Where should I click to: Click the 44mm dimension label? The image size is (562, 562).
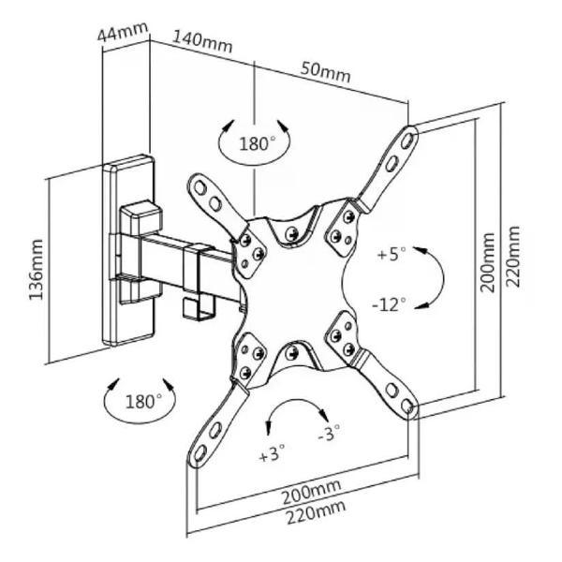point(122,34)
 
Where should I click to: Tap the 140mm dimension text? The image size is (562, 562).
point(203,42)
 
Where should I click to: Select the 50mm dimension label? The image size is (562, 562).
point(325,70)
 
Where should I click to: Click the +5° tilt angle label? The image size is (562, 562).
point(392,254)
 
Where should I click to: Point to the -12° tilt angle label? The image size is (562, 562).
point(389,306)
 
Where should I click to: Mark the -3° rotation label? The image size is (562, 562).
point(329,433)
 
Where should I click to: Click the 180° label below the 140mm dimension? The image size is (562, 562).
point(257,144)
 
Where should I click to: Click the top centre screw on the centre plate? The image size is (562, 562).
point(293,232)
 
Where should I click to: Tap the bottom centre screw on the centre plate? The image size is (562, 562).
point(292,353)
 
